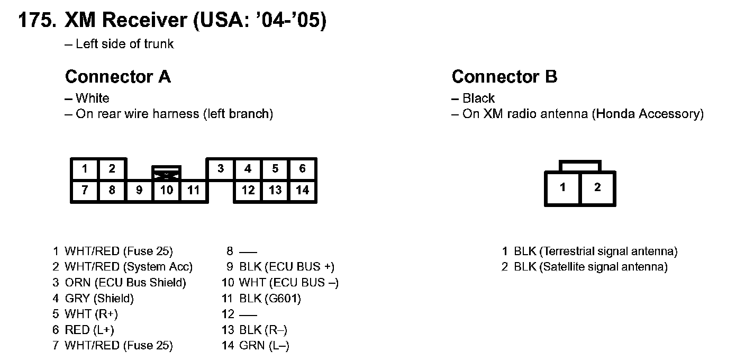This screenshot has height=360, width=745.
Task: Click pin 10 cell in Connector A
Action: click(x=167, y=190)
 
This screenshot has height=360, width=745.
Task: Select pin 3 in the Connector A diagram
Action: click(x=221, y=169)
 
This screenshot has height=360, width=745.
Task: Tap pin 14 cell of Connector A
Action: click(x=302, y=190)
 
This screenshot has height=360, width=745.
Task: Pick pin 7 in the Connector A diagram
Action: click(x=85, y=190)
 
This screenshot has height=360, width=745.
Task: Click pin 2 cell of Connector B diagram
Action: click(x=597, y=187)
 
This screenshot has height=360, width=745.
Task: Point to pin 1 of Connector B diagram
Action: click(x=562, y=187)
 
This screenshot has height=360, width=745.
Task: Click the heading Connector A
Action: click(x=117, y=77)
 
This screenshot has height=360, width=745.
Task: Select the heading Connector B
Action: click(x=504, y=77)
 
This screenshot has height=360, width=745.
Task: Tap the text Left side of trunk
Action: click(x=124, y=44)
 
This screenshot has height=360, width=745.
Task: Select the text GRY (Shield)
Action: click(x=99, y=299)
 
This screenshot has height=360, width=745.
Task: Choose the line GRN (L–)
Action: click(x=264, y=346)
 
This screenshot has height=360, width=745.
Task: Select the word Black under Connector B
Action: click(x=478, y=98)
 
